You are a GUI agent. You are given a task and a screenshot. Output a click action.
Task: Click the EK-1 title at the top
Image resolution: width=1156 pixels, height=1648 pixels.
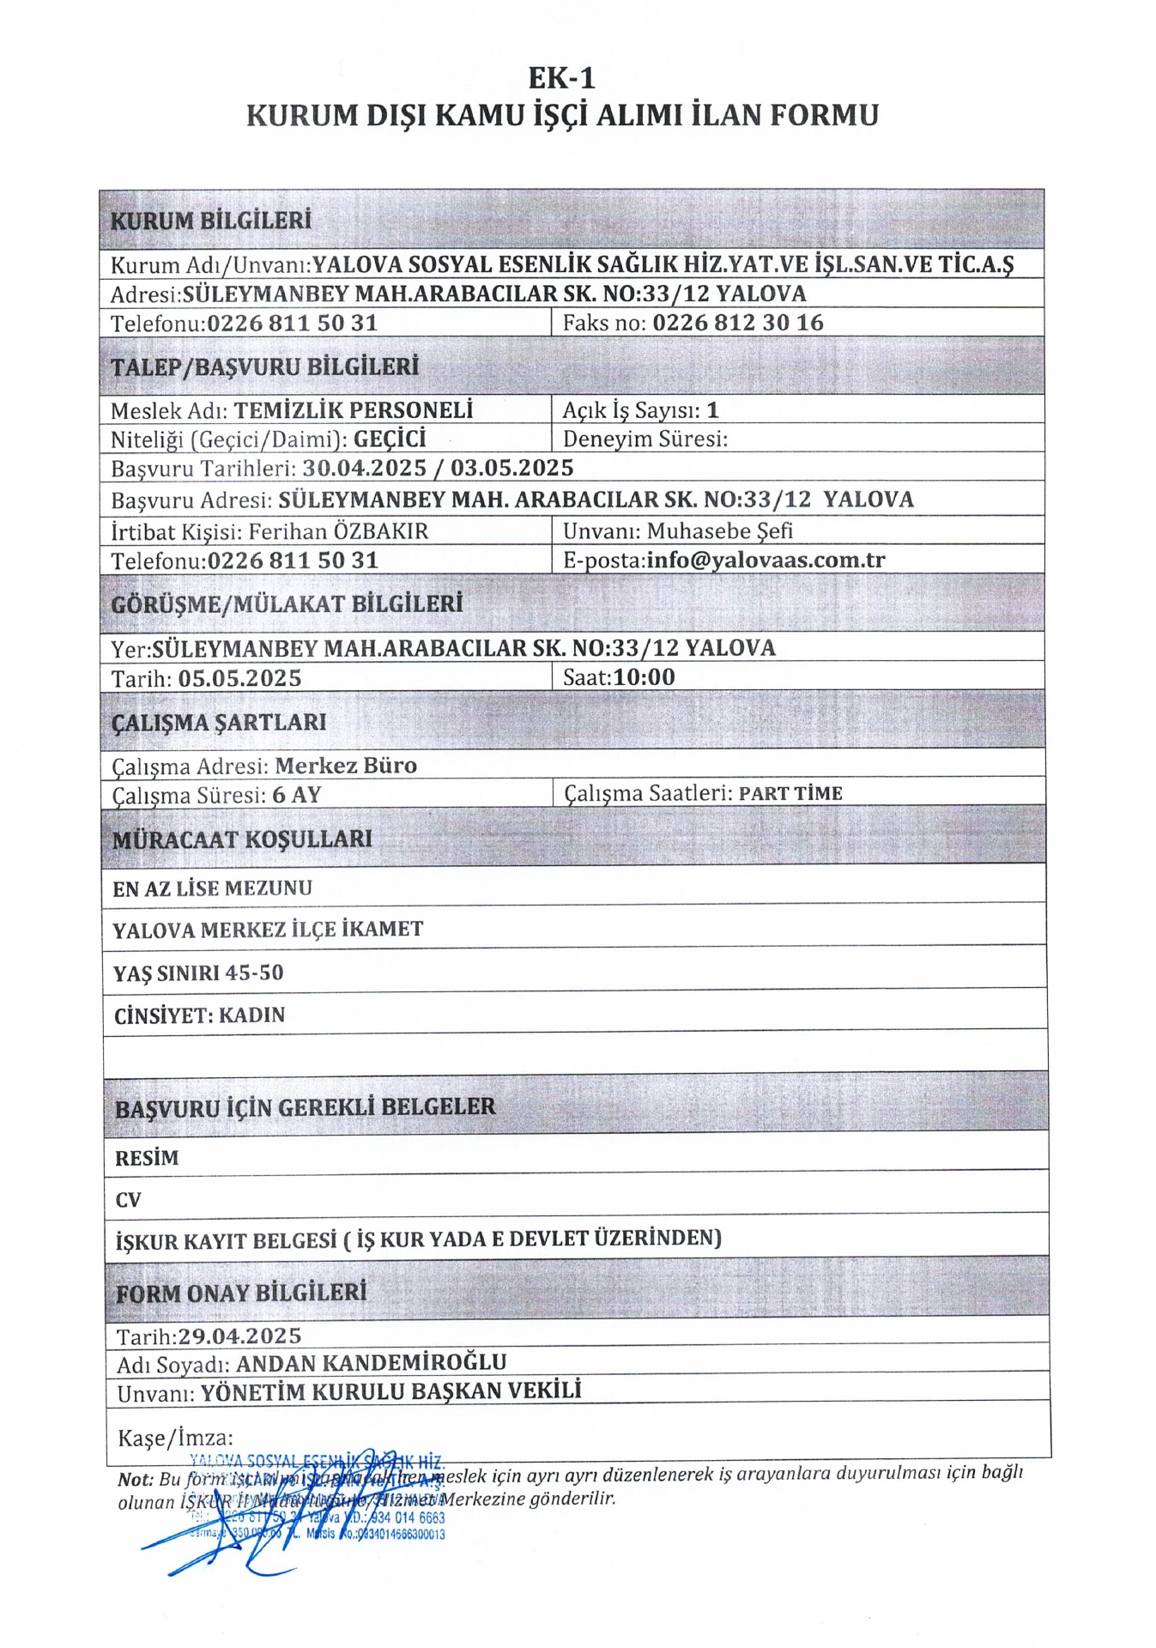tap(561, 78)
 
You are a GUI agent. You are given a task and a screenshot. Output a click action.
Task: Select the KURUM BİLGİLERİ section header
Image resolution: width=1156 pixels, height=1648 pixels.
tap(210, 221)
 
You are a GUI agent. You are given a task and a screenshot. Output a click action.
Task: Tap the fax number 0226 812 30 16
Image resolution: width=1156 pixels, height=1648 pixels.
tap(737, 323)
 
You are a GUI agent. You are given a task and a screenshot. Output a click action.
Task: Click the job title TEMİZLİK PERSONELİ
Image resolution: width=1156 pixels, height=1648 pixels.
tap(354, 410)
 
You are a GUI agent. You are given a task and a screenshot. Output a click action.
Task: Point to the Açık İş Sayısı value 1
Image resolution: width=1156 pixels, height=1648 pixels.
tap(712, 410)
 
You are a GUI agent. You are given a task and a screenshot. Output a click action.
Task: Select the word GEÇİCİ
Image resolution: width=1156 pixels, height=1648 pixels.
tap(390, 439)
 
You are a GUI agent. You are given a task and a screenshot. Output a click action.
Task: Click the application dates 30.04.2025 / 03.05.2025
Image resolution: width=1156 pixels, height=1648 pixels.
tap(438, 468)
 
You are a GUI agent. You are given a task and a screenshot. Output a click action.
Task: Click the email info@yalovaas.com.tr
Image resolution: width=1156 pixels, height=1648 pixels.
tap(766, 560)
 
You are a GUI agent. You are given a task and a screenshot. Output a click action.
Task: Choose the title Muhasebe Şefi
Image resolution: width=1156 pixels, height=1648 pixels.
tap(719, 531)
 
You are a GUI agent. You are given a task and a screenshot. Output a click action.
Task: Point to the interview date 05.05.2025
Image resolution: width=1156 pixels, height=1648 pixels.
tap(240, 678)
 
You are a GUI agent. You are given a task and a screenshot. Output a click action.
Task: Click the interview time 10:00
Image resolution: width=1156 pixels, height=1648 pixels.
tap(645, 677)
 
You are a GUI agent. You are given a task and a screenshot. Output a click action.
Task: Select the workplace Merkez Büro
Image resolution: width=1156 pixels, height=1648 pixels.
tap(346, 766)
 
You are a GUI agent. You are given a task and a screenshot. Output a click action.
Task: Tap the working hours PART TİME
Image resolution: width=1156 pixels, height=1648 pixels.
tap(790, 794)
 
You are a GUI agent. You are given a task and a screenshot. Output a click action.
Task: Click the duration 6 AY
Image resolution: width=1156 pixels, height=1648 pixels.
tap(297, 795)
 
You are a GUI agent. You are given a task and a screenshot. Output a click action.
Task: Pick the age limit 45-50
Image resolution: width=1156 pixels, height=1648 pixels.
tap(254, 972)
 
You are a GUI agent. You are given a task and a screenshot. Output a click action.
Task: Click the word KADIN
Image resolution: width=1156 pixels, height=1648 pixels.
tap(251, 1015)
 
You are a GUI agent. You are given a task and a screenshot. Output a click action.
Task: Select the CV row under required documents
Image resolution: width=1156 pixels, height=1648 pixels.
tap(128, 1200)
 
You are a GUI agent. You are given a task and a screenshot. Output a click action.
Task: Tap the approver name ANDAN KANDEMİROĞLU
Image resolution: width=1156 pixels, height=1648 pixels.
tap(371, 1363)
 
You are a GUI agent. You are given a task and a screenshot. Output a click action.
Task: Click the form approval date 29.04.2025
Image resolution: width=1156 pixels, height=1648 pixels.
tap(239, 1336)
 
